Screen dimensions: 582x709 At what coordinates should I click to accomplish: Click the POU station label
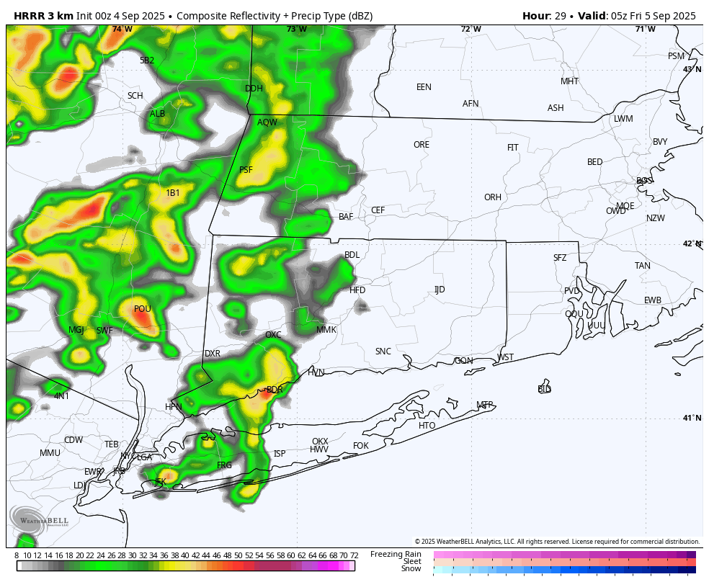pos(143,309)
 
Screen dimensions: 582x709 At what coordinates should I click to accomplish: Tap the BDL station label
pos(352,255)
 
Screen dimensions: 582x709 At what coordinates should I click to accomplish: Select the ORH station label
pos(493,197)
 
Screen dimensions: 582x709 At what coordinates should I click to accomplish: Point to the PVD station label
pos(572,291)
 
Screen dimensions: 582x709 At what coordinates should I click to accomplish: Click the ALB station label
pos(157,114)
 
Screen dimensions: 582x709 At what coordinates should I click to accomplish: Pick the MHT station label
pos(569,81)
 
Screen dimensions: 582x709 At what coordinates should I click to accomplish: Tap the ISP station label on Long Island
pos(280,454)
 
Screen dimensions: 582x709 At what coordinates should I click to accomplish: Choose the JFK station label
pos(160,481)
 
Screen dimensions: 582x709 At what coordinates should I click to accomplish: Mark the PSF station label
pos(246,170)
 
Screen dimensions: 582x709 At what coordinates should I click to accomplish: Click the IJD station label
pos(440,290)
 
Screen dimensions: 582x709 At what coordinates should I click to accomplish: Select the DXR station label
pos(212,354)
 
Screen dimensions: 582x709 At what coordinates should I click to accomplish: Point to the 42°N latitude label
pos(692,244)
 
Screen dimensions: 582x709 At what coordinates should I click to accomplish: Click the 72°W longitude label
pos(471,30)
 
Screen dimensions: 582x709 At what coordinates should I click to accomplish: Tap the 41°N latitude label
pos(692,418)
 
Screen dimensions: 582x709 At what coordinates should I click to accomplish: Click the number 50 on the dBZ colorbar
pos(238,555)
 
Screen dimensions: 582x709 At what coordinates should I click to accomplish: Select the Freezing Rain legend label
pos(396,554)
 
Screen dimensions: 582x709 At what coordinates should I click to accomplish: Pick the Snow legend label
pos(411,569)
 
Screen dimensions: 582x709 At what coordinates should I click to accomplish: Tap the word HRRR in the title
pos(29,16)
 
